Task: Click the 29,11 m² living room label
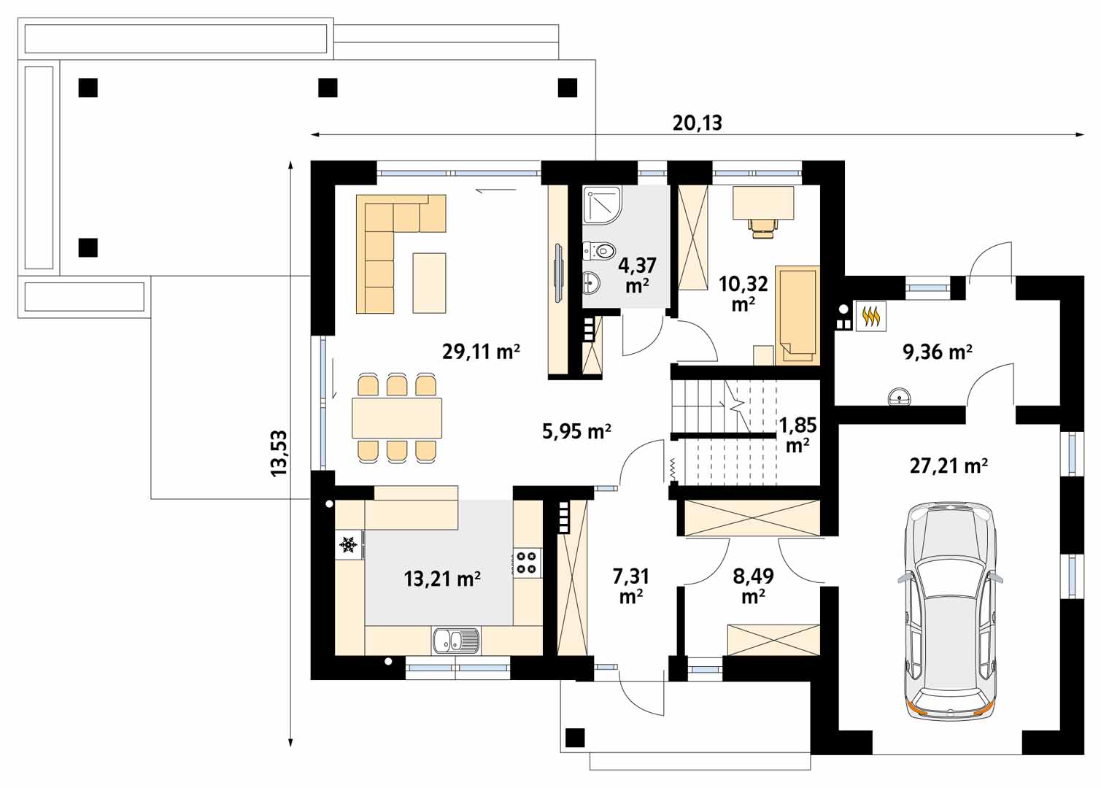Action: pos(481,352)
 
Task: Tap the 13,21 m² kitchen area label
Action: pos(442,579)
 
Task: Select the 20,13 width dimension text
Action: pos(697,123)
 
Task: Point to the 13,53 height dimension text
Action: pos(279,453)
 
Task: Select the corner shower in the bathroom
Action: pos(603,205)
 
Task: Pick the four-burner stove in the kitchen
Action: pos(528,563)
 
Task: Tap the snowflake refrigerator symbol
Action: pos(349,544)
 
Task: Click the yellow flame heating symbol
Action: pos(871,316)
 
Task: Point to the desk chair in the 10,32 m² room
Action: pos(763,228)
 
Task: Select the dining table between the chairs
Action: pos(397,418)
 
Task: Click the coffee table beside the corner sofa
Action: pos(429,282)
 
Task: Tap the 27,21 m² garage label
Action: pos(949,465)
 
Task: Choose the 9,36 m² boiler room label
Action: pos(938,352)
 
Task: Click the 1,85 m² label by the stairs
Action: pos(797,435)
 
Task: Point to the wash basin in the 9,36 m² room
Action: pos(900,396)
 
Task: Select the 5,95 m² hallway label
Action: pos(576,431)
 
